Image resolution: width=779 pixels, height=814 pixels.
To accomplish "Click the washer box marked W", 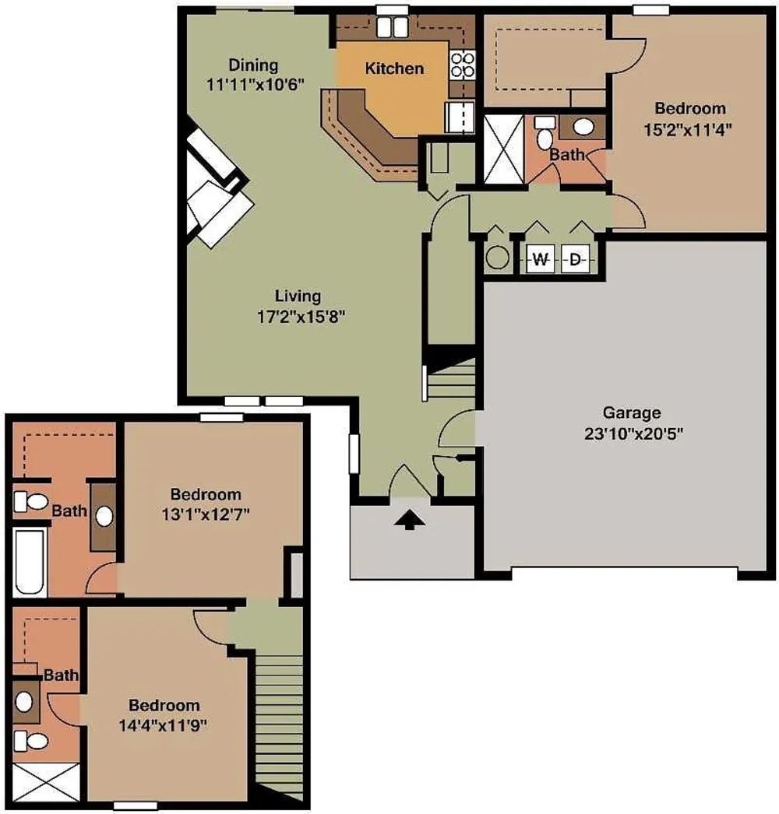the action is tap(541, 258).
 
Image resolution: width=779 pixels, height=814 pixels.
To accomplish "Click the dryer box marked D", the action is tap(575, 258).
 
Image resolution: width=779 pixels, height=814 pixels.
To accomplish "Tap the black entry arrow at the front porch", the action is tap(410, 519).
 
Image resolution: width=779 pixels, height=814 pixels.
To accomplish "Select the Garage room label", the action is tap(632, 412).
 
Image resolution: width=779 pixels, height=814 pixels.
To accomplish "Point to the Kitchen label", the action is tap(394, 68).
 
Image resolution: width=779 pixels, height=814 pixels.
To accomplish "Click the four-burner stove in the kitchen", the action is tap(462, 65).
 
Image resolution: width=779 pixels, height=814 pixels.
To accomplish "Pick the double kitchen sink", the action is tap(392, 27).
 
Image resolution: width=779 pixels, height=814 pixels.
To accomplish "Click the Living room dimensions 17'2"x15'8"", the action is tap(301, 316).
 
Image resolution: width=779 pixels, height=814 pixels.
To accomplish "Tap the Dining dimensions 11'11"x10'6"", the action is tap(255, 84).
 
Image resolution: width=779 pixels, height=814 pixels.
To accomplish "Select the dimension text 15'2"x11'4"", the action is tap(688, 128).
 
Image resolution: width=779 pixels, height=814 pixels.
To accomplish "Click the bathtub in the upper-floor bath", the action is tap(30, 562).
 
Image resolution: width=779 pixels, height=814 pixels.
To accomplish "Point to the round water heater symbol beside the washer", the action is tap(497, 258).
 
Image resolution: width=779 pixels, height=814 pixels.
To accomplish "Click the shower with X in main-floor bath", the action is tap(503, 149).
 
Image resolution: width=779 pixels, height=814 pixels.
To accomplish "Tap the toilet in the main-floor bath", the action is tap(545, 132).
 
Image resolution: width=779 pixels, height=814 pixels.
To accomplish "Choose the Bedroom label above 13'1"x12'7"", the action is tap(206, 493).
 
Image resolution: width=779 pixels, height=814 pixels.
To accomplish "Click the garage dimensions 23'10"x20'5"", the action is tap(633, 433).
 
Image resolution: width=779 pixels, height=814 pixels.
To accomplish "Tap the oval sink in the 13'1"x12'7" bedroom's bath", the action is tap(104, 516).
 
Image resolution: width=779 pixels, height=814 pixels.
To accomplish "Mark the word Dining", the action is tap(254, 65).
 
